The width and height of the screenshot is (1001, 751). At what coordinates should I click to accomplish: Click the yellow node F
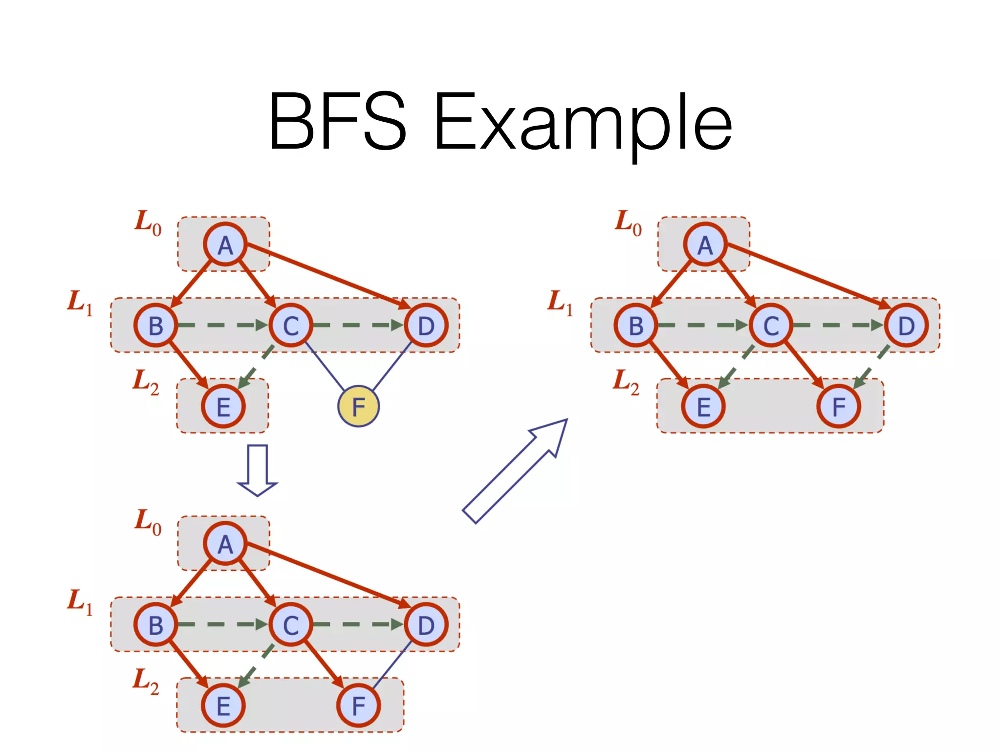pos(358,406)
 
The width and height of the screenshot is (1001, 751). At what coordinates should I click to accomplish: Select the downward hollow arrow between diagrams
pos(257,470)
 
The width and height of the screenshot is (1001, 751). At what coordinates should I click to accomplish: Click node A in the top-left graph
pos(225,244)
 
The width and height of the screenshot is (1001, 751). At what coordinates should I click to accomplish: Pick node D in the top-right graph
pos(906,326)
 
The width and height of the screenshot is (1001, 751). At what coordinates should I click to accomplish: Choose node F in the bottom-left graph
pos(358,706)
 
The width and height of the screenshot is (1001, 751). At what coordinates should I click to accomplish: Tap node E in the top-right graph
pos(703,406)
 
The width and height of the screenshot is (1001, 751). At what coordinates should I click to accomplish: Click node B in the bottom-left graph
pos(155,625)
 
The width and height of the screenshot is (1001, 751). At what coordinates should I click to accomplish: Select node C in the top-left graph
pos(291,326)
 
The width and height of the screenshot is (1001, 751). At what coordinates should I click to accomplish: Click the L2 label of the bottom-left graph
pos(146,681)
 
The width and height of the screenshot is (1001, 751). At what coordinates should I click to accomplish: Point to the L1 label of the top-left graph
pos(80,302)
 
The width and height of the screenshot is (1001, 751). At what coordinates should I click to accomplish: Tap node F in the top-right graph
pos(839,406)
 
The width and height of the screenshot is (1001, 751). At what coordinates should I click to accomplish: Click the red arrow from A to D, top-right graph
pos(806,276)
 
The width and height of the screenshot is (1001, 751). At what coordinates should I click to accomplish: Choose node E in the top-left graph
pos(223,406)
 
